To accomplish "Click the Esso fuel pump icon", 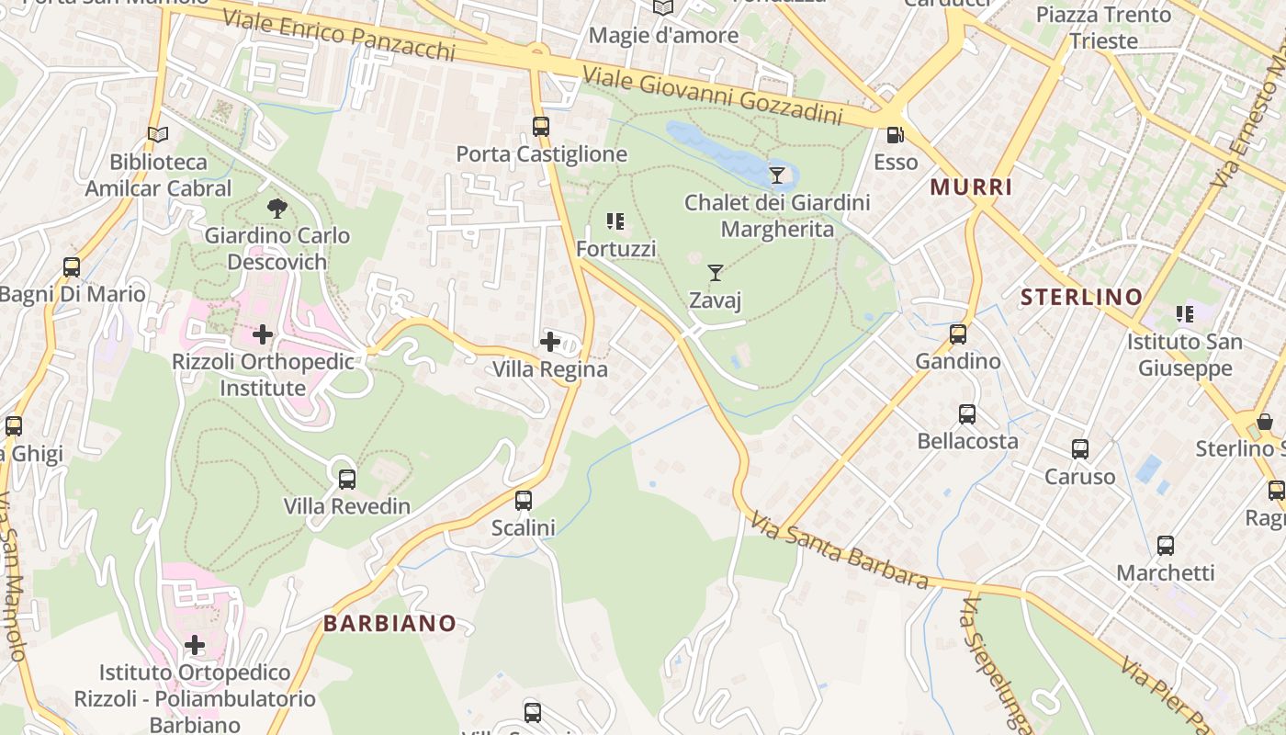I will [x=895, y=135].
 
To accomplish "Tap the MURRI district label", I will [x=971, y=187].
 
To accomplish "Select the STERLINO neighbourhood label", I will [x=1081, y=297].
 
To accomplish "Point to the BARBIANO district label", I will [x=389, y=623].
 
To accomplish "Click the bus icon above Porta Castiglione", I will [x=541, y=127].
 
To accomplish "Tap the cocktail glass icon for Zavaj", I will [x=716, y=272].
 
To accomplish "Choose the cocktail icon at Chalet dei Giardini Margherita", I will [x=777, y=174].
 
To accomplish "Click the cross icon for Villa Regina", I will [x=550, y=342].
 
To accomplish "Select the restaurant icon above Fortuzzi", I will [x=615, y=220].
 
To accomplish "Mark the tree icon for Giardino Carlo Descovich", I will [x=276, y=208].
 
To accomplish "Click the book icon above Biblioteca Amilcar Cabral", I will [x=158, y=135].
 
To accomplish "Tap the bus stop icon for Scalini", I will [x=524, y=501].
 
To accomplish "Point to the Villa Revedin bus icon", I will [x=346, y=479].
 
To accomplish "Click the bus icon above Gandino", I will [x=958, y=334].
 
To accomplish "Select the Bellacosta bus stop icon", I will [x=967, y=413].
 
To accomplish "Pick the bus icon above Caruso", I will [x=1080, y=449].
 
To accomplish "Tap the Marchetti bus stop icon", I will [x=1166, y=546].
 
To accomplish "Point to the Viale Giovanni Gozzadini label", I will [x=713, y=96].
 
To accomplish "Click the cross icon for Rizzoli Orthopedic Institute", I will [x=263, y=334].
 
